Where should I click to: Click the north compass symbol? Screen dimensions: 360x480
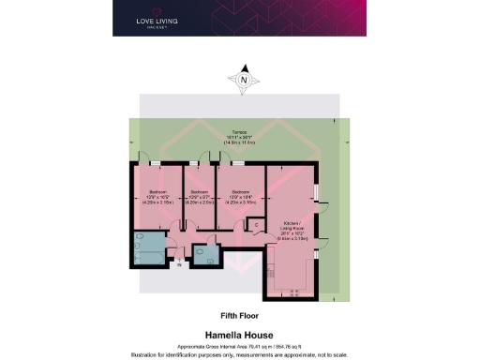pos(245,80)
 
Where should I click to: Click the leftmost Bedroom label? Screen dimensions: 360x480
pos(155,196)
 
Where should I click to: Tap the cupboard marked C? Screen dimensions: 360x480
pos(256,225)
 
